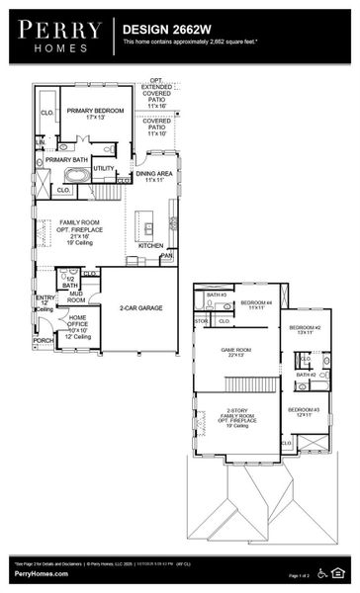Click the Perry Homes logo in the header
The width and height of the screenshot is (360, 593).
(x=58, y=34)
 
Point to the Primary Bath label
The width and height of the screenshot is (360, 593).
(x=66, y=159)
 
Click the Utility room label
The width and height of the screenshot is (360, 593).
(x=104, y=168)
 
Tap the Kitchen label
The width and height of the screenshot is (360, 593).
(x=150, y=245)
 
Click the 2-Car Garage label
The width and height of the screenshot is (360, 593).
(x=141, y=308)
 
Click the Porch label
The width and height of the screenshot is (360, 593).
(x=44, y=341)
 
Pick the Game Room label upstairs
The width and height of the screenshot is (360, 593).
(x=236, y=353)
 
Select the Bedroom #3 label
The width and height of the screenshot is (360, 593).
(x=304, y=412)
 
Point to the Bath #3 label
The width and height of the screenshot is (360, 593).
(x=216, y=295)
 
